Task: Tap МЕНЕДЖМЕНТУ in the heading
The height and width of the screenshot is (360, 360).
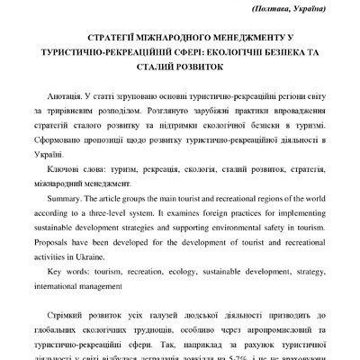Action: point(247,40)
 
